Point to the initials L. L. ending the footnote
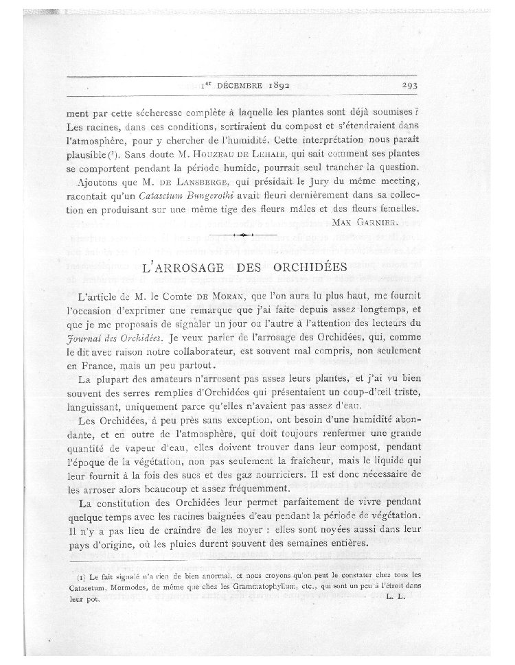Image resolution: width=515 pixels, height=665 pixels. coord(397,598)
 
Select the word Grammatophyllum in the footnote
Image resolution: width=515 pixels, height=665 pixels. coord(259,587)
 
